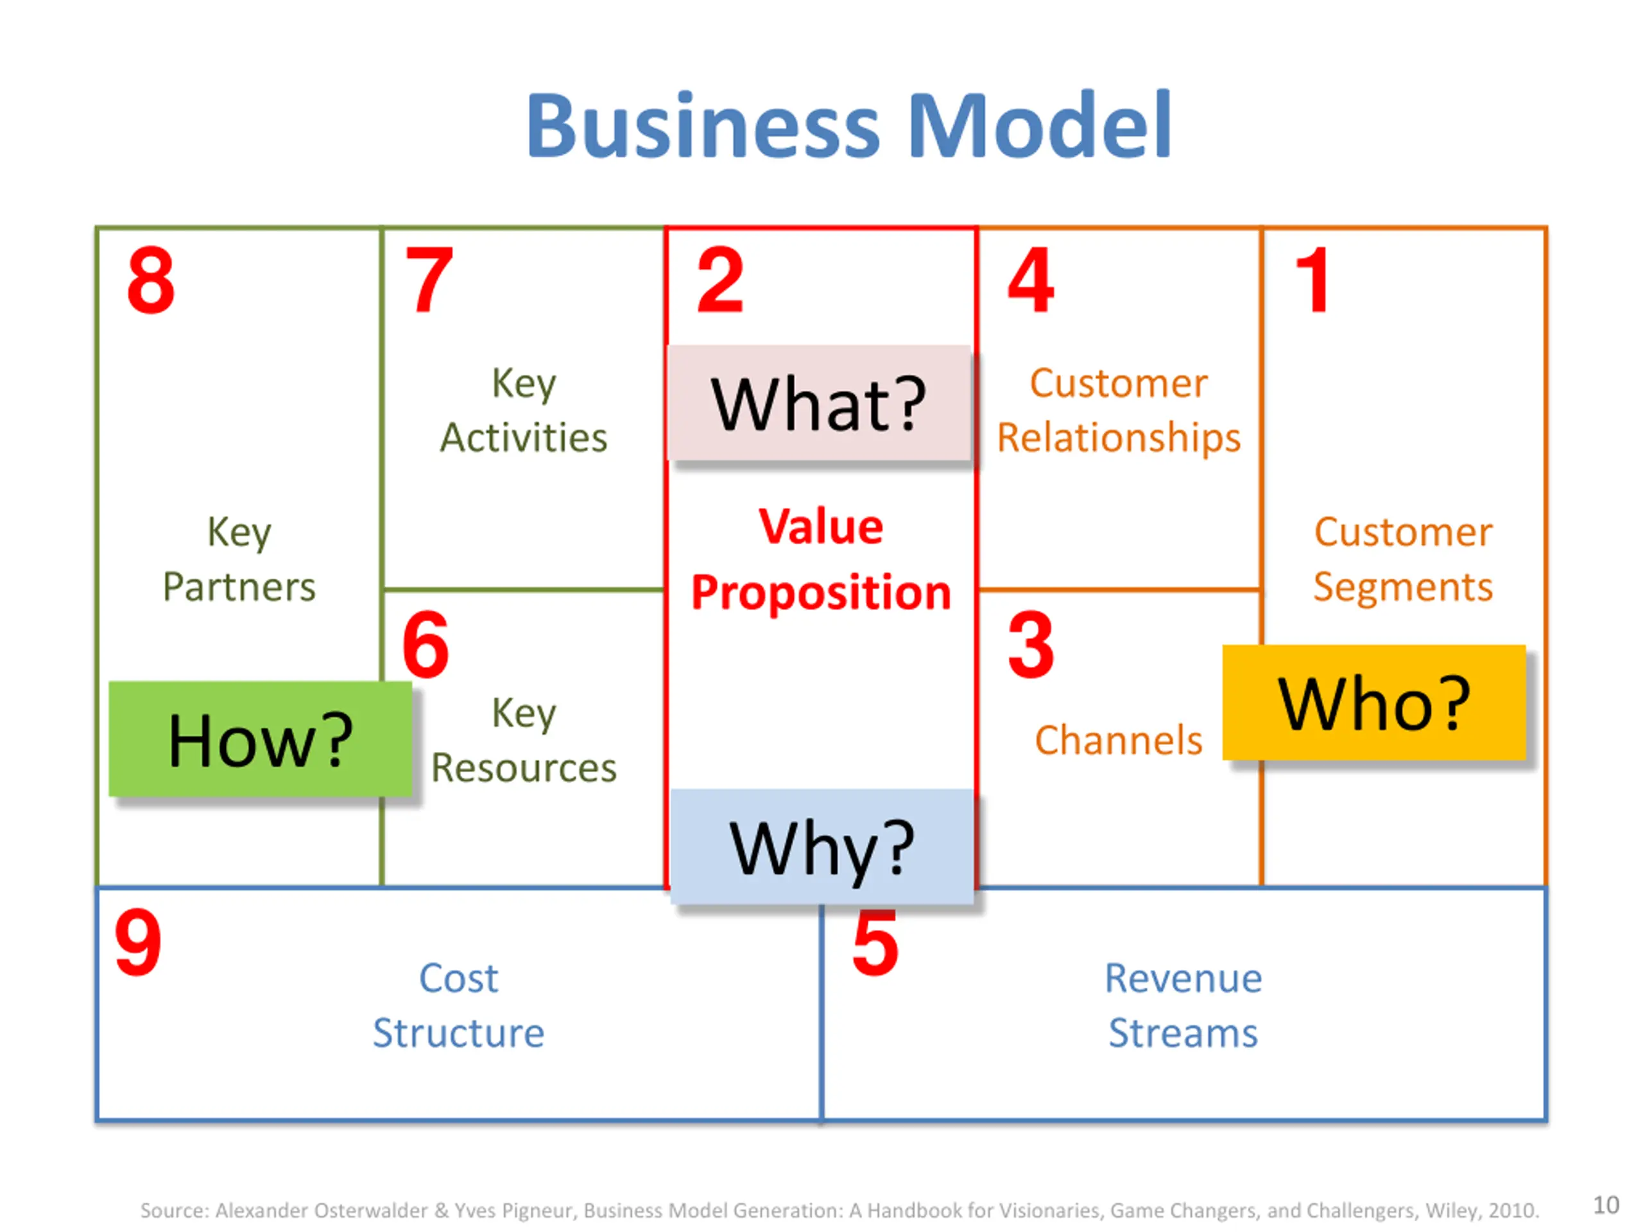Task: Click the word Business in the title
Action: click(703, 126)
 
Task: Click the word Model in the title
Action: click(1039, 126)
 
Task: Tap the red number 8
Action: click(151, 280)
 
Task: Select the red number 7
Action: click(429, 280)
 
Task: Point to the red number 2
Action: click(719, 280)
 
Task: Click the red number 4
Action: click(1031, 280)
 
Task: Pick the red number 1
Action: click(1312, 280)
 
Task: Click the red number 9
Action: click(138, 943)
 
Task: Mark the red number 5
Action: click(875, 943)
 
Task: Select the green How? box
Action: click(260, 740)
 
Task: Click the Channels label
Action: click(1119, 740)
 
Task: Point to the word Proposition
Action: click(821, 593)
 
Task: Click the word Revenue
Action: click(1183, 978)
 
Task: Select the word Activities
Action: click(524, 438)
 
